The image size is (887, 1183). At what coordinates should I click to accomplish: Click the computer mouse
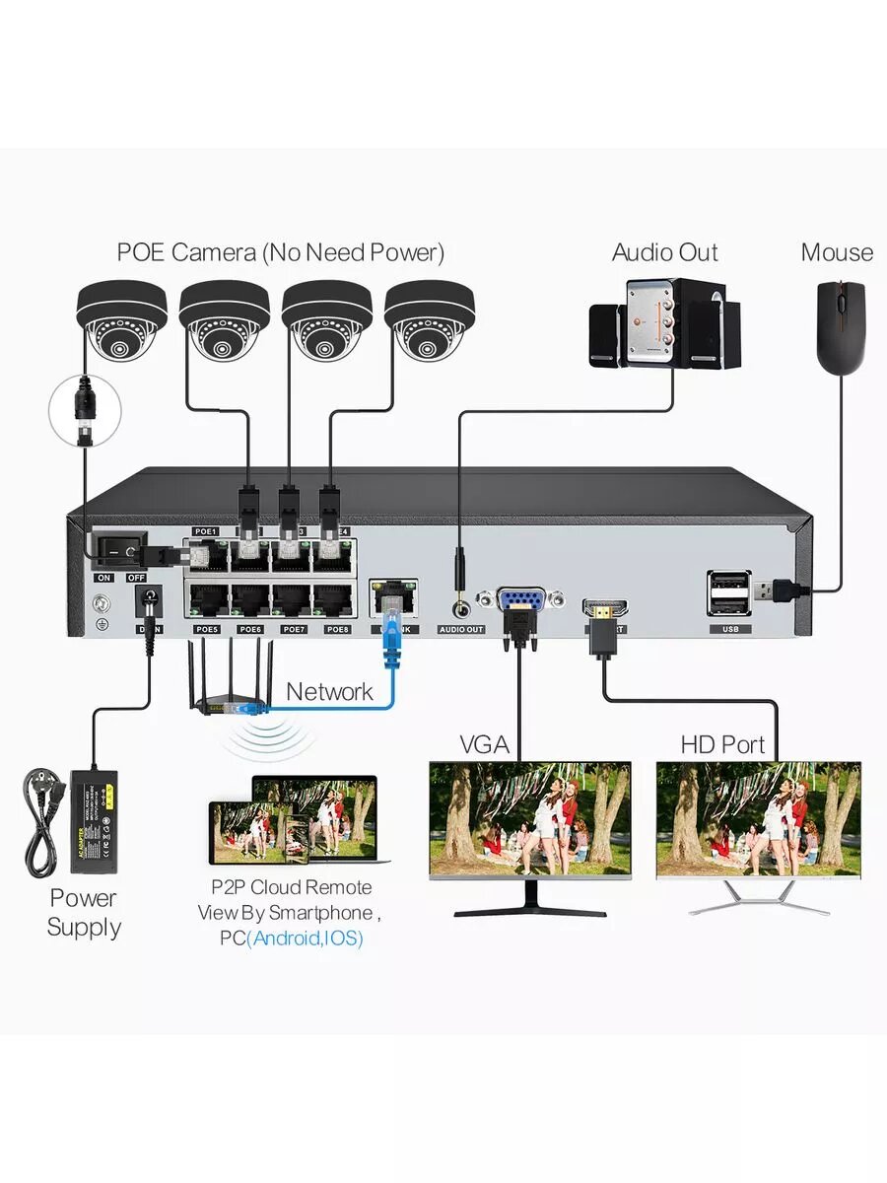click(x=841, y=324)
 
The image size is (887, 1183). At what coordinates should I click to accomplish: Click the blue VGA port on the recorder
click(x=517, y=601)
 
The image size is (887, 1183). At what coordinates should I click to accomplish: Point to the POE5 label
click(x=206, y=629)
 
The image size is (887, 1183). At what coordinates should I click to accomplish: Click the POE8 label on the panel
click(x=338, y=629)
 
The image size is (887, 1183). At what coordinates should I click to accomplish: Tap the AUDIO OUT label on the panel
click(x=461, y=629)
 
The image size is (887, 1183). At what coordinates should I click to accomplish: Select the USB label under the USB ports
click(x=728, y=629)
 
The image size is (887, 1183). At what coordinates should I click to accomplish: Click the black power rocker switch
click(x=117, y=548)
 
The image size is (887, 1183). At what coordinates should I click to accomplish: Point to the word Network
click(x=329, y=691)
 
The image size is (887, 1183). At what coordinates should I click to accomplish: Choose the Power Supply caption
click(x=84, y=912)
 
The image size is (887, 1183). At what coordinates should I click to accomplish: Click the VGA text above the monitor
click(x=484, y=744)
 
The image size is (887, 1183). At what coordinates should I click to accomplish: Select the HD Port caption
click(x=722, y=744)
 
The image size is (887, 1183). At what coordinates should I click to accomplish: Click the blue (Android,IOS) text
click(x=305, y=939)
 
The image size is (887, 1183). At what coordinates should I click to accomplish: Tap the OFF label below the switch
click(x=137, y=577)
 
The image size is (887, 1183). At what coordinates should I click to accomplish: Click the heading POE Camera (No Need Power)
click(x=281, y=252)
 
